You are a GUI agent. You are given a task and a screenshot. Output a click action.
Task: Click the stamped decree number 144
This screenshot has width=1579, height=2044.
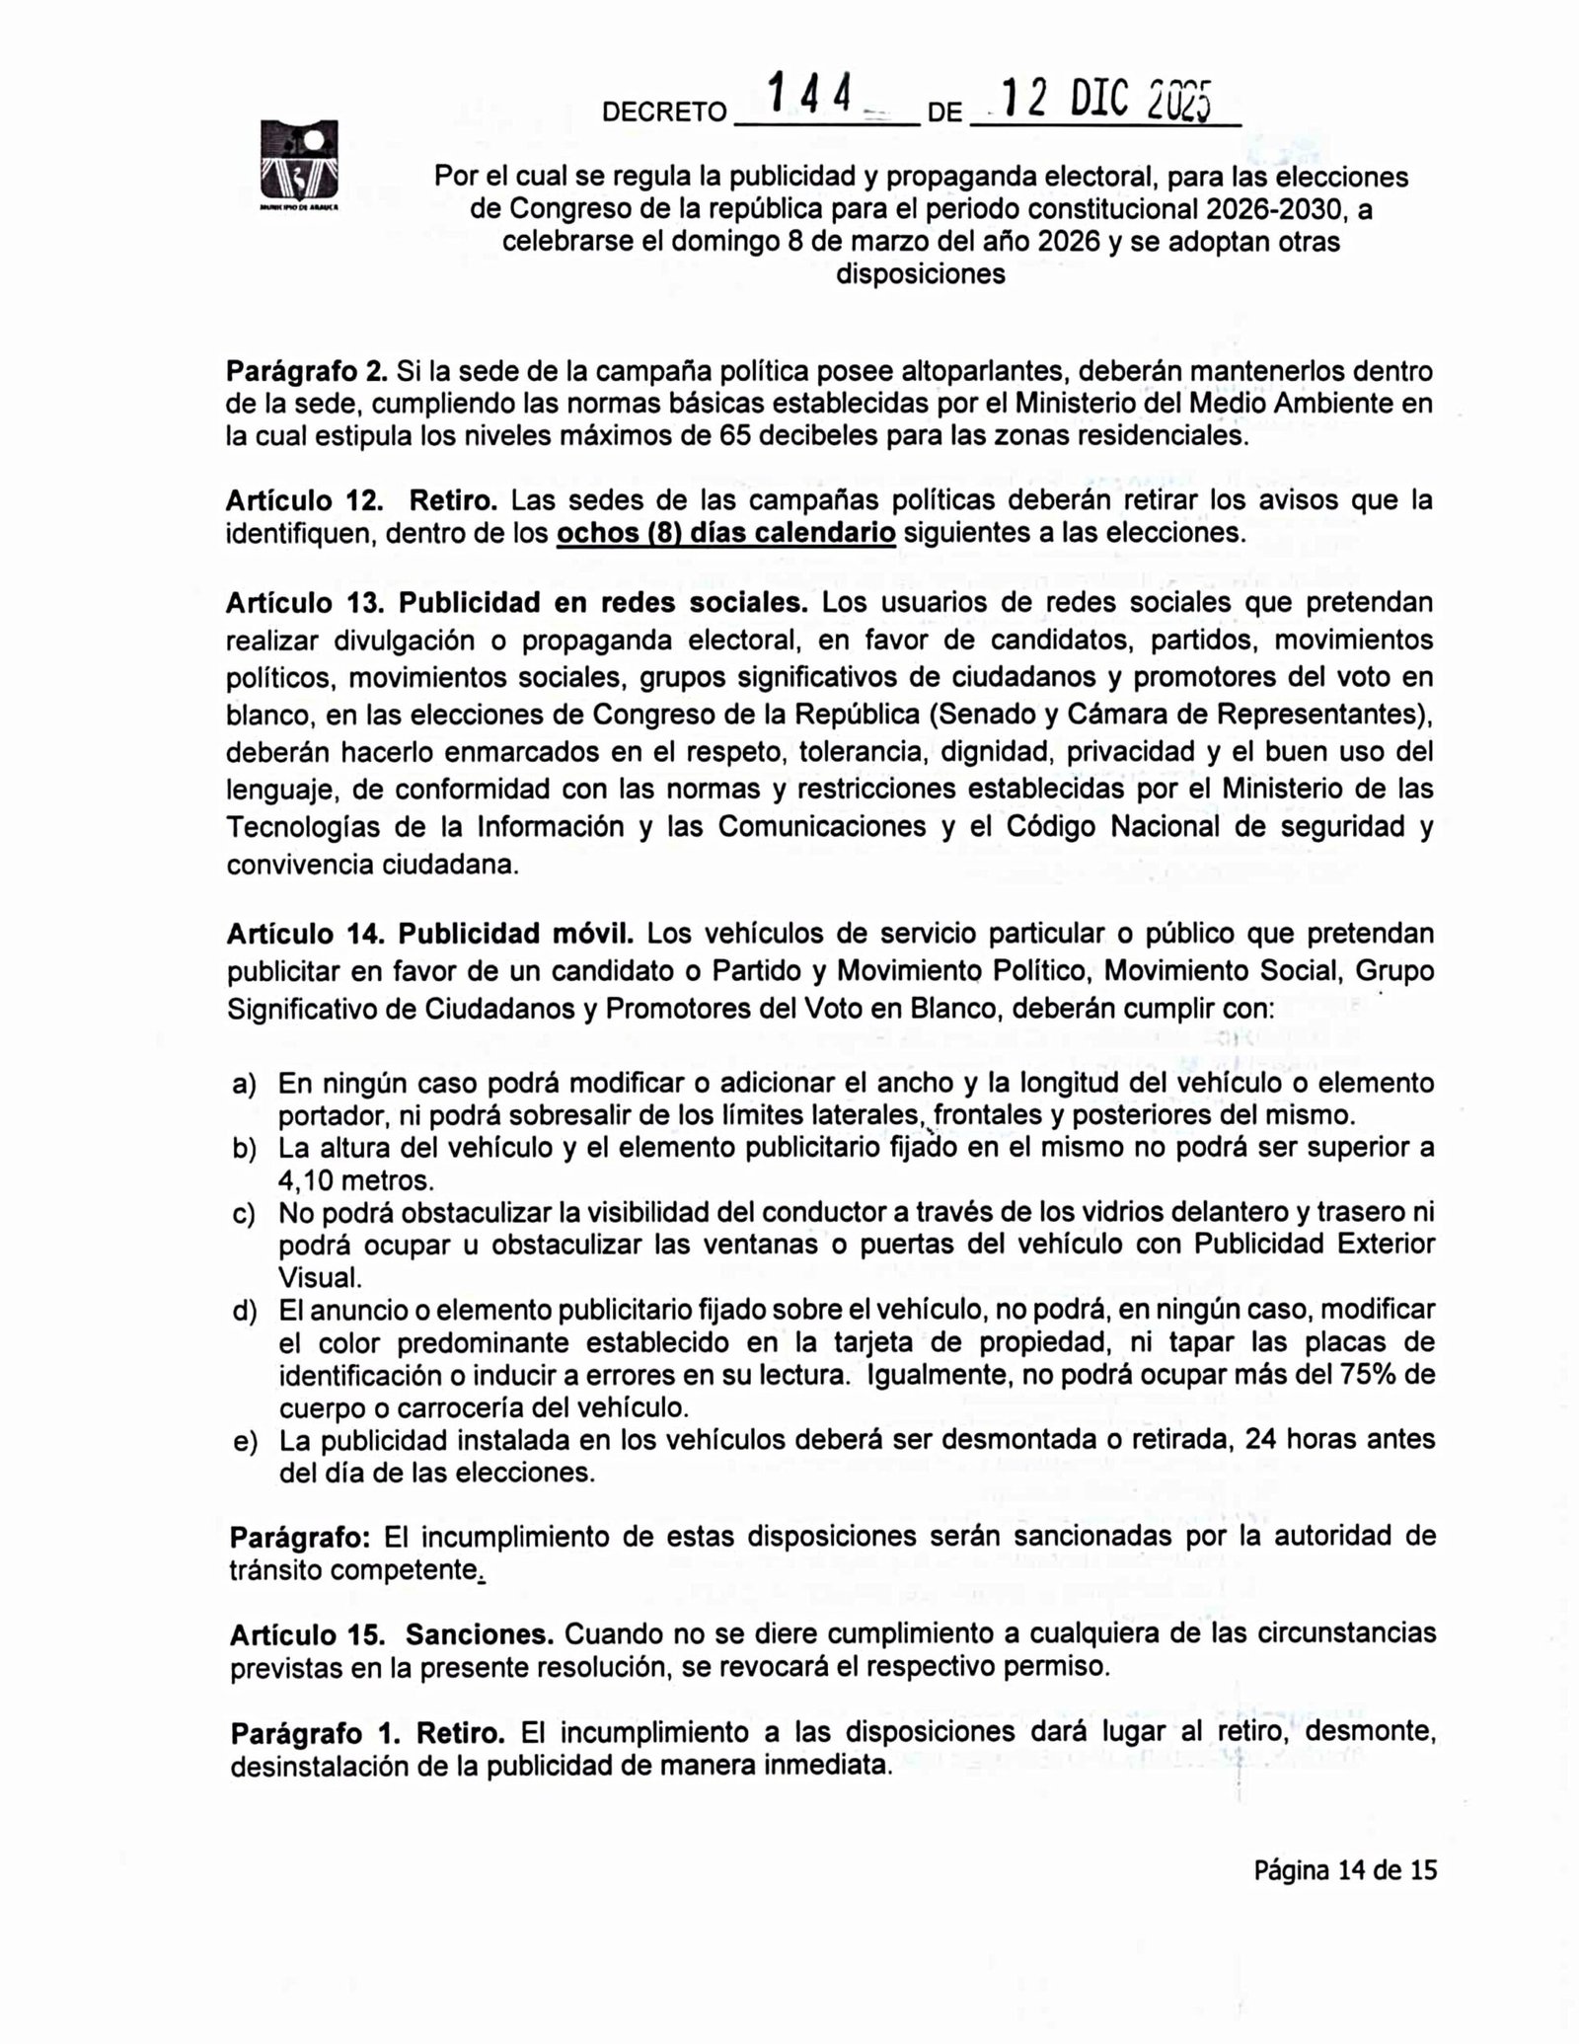(x=810, y=98)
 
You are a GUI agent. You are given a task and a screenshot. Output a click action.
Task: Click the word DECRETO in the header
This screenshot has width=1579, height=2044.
(x=664, y=113)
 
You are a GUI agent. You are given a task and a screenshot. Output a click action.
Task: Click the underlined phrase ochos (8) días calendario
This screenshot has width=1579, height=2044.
(x=726, y=534)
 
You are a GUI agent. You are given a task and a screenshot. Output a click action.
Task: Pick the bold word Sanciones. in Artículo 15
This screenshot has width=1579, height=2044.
(x=480, y=1634)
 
